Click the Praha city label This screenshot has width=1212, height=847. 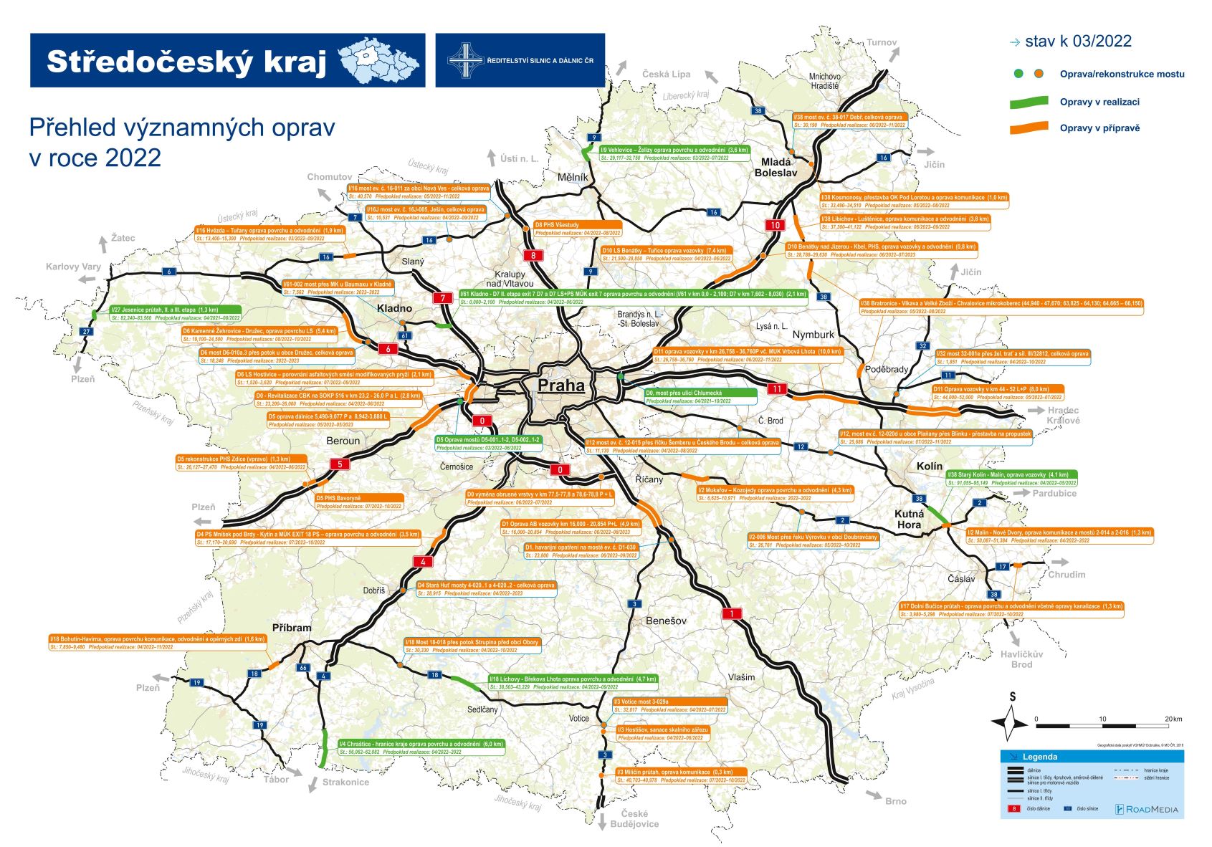click(561, 386)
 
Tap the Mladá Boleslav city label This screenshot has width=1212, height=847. click(776, 168)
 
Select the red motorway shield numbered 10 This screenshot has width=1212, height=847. click(775, 225)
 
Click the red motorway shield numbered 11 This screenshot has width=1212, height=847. click(777, 389)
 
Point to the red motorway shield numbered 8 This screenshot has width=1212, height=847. click(533, 256)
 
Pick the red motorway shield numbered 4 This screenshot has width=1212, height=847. click(423, 562)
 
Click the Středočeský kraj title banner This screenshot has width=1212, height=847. click(227, 60)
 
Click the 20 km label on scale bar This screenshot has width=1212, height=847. click(1173, 719)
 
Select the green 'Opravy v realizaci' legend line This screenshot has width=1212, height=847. click(1029, 102)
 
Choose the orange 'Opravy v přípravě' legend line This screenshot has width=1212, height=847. click(1029, 129)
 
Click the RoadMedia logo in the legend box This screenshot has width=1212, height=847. click(1147, 809)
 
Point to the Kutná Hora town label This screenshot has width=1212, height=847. click(909, 520)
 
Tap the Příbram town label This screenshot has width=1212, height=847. click(292, 628)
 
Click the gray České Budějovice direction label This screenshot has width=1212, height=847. click(634, 819)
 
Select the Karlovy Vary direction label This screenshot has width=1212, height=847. click(73, 267)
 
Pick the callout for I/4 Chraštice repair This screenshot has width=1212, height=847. click(421, 747)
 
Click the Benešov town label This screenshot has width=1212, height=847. click(666, 621)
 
